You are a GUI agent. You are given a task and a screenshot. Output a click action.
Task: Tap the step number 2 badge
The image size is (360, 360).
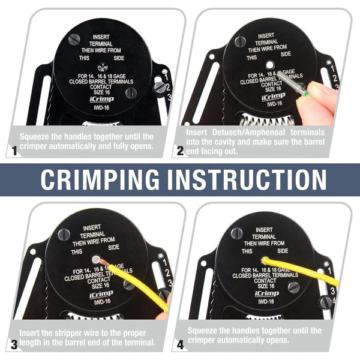coord(179,152)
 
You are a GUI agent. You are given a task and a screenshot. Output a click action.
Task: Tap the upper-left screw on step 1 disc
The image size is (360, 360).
coord(74,40)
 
